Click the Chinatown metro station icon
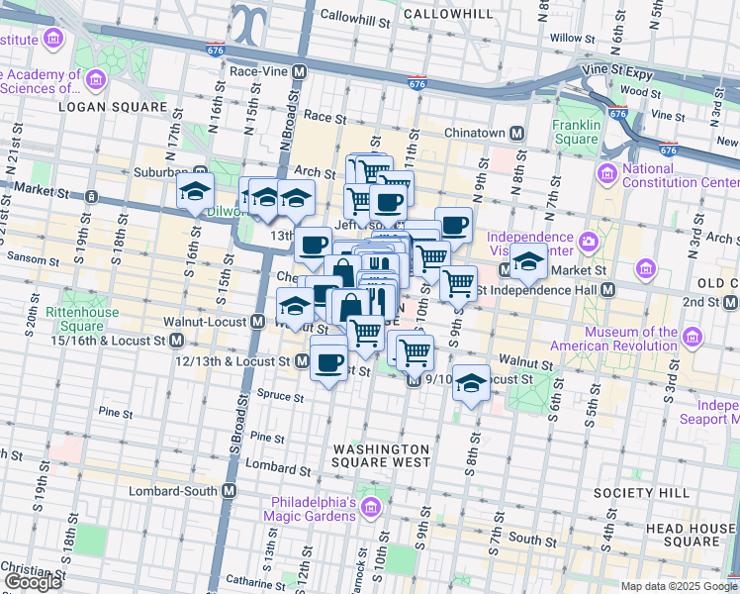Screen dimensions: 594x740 pyautogui.click(x=516, y=134)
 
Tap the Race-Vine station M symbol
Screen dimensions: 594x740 pyautogui.click(x=299, y=71)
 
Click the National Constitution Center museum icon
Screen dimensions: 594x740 pyautogui.click(x=607, y=175)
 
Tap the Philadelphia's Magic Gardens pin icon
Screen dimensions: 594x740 pyautogui.click(x=370, y=509)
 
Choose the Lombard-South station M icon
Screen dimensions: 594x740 pyautogui.click(x=230, y=491)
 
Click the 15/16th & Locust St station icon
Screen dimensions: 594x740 pyautogui.click(x=177, y=340)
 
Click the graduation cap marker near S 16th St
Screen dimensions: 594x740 pyautogui.click(x=196, y=190)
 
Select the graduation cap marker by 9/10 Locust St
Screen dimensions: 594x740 pyautogui.click(x=472, y=383)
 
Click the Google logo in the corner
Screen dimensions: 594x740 pyautogui.click(x=32, y=582)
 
